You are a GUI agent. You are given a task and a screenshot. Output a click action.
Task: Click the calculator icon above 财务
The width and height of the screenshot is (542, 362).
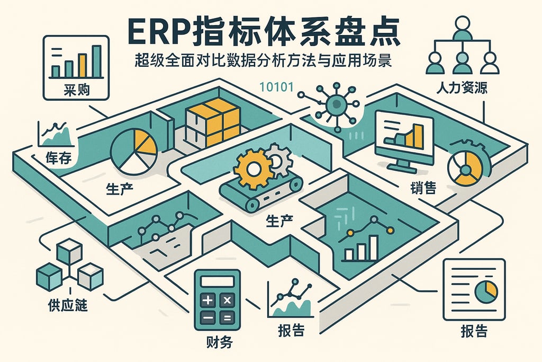[216, 299]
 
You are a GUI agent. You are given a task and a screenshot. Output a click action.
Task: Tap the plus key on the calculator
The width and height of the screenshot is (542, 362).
[207, 301]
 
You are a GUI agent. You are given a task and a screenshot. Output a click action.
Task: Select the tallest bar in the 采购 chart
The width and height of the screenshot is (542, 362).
[96, 61]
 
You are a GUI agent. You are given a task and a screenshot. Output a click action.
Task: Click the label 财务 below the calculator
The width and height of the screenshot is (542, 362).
[217, 342]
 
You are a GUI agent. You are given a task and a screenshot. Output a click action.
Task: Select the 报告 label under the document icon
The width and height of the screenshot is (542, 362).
[473, 331]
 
